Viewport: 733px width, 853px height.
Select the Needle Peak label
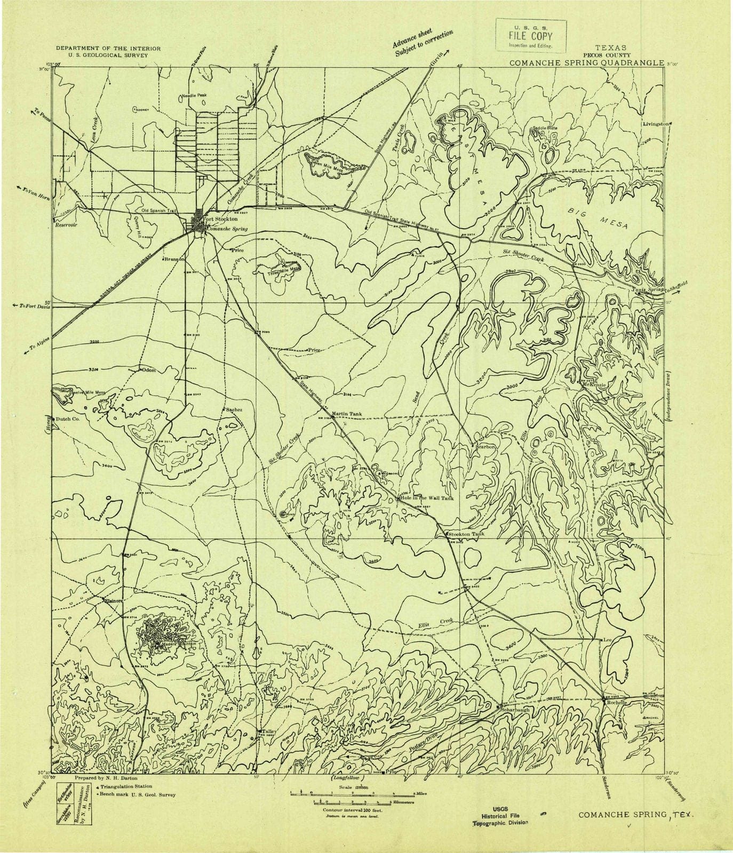tap(194, 95)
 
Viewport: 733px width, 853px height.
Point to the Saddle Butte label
tap(544, 128)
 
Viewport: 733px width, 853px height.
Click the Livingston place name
tap(656, 123)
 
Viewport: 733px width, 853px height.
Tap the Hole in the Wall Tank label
tap(427, 498)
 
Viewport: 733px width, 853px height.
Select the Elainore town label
tap(114, 601)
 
